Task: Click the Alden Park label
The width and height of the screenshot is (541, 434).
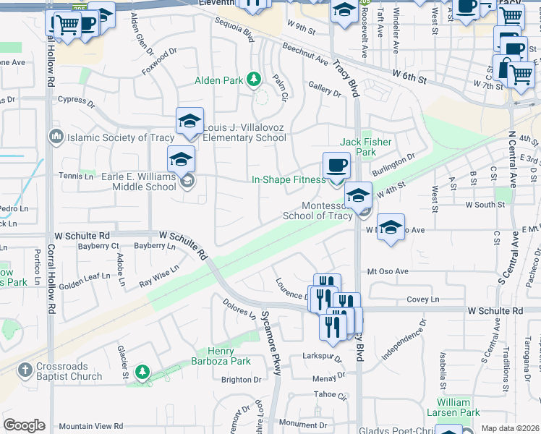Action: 218,80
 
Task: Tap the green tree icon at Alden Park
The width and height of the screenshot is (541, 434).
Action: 253,79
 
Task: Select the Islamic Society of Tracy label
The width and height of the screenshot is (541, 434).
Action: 121,137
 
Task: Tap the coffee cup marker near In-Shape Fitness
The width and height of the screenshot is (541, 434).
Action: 336,166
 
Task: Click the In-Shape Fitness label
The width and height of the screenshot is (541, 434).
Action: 289,179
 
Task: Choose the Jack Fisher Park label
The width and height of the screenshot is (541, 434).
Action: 359,148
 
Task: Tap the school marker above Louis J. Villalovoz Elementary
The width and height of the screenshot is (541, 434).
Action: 189,121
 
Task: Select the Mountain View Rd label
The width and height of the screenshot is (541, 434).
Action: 91,427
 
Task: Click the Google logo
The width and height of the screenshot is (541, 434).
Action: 24,425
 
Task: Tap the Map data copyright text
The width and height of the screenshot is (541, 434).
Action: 510,428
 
